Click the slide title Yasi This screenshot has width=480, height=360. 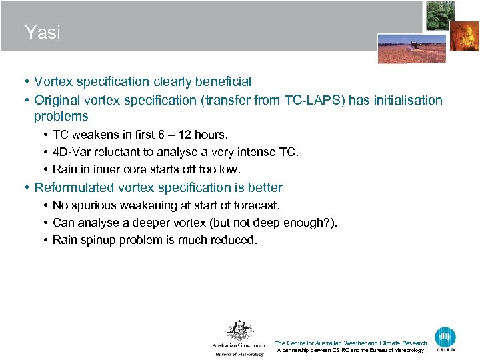pyautogui.click(x=42, y=32)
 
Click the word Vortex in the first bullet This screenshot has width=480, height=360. pyautogui.click(x=55, y=82)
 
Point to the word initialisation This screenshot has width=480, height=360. pyautogui.click(x=404, y=101)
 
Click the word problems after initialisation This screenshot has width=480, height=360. pyautogui.click(x=61, y=117)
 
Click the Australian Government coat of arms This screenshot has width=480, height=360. pyautogui.click(x=239, y=331)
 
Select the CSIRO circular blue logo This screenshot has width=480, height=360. pyautogui.click(x=445, y=337)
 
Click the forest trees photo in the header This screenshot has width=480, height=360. pyautogui.click(x=441, y=15)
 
